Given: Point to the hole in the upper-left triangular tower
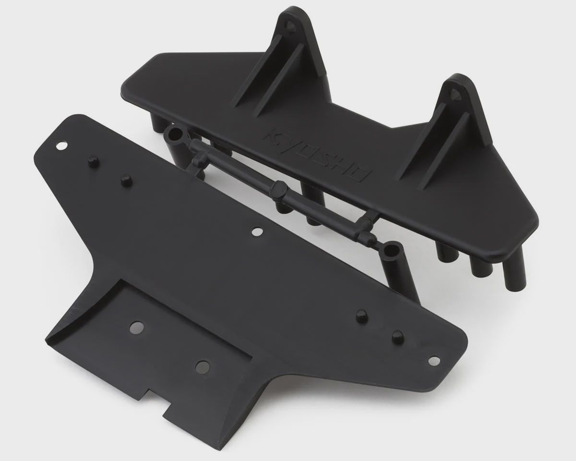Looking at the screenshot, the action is [x=289, y=26].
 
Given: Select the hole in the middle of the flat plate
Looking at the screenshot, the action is [x=257, y=231].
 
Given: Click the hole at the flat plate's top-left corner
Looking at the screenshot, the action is [x=61, y=146].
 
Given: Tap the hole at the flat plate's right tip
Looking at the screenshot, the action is [x=434, y=360].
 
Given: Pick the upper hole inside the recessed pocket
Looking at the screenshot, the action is [x=137, y=327].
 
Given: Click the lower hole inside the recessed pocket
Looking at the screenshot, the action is [x=203, y=366].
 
